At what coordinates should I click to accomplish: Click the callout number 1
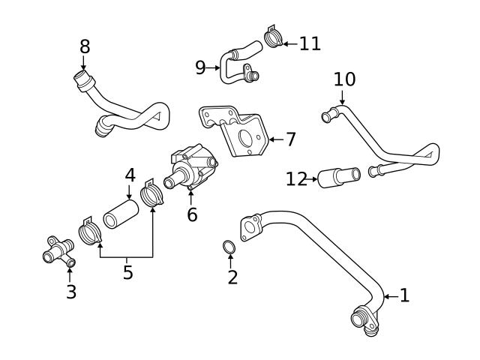click(x=404, y=295)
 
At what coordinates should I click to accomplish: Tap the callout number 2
click(x=232, y=277)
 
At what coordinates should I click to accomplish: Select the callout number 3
click(x=70, y=291)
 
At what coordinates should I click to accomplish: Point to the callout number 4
click(x=130, y=175)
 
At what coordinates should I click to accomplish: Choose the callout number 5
click(x=127, y=271)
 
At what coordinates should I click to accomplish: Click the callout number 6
click(x=192, y=214)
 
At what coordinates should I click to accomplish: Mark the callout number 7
click(x=290, y=139)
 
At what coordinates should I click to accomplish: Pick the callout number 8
click(x=85, y=46)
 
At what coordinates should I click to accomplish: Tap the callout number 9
click(x=200, y=68)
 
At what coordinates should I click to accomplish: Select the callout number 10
click(x=344, y=79)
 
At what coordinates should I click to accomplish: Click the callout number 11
click(x=309, y=43)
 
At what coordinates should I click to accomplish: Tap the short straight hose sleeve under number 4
click(x=120, y=211)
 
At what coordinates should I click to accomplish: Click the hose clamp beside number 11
click(x=273, y=37)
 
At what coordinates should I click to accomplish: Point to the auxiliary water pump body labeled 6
click(x=195, y=166)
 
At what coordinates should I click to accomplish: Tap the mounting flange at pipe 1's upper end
click(x=250, y=227)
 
